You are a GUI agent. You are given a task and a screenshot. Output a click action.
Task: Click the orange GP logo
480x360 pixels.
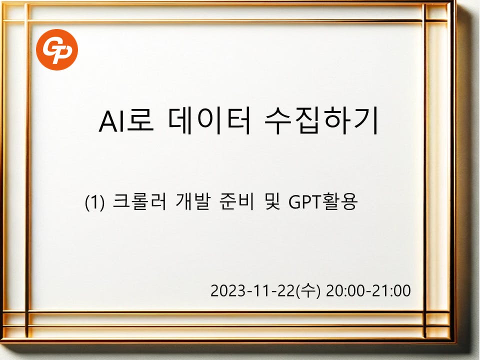[x=57, y=49]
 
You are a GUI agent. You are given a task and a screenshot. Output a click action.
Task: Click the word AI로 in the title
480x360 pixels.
[x=126, y=120]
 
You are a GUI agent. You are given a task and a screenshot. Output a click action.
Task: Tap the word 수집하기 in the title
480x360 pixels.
[x=321, y=120]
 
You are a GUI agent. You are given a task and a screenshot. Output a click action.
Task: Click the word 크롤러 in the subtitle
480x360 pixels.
[x=139, y=201]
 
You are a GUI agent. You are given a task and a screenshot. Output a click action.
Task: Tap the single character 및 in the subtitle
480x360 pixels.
[x=271, y=201]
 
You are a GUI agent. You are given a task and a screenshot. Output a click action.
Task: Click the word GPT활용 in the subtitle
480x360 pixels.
[x=323, y=201]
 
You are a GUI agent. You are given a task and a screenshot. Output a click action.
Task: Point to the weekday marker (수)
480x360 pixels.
[x=308, y=290]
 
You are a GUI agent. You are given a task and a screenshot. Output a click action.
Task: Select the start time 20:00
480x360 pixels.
[x=348, y=290]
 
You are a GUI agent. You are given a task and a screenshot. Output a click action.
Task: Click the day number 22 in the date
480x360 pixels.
[x=286, y=290]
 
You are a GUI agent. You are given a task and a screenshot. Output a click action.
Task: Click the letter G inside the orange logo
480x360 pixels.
[x=51, y=47]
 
